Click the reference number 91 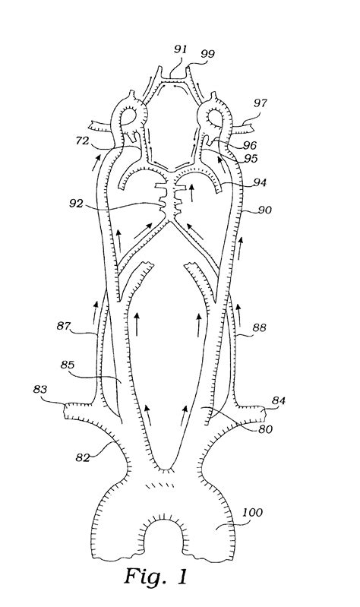(181, 49)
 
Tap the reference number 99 (207, 53)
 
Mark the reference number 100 (251, 513)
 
